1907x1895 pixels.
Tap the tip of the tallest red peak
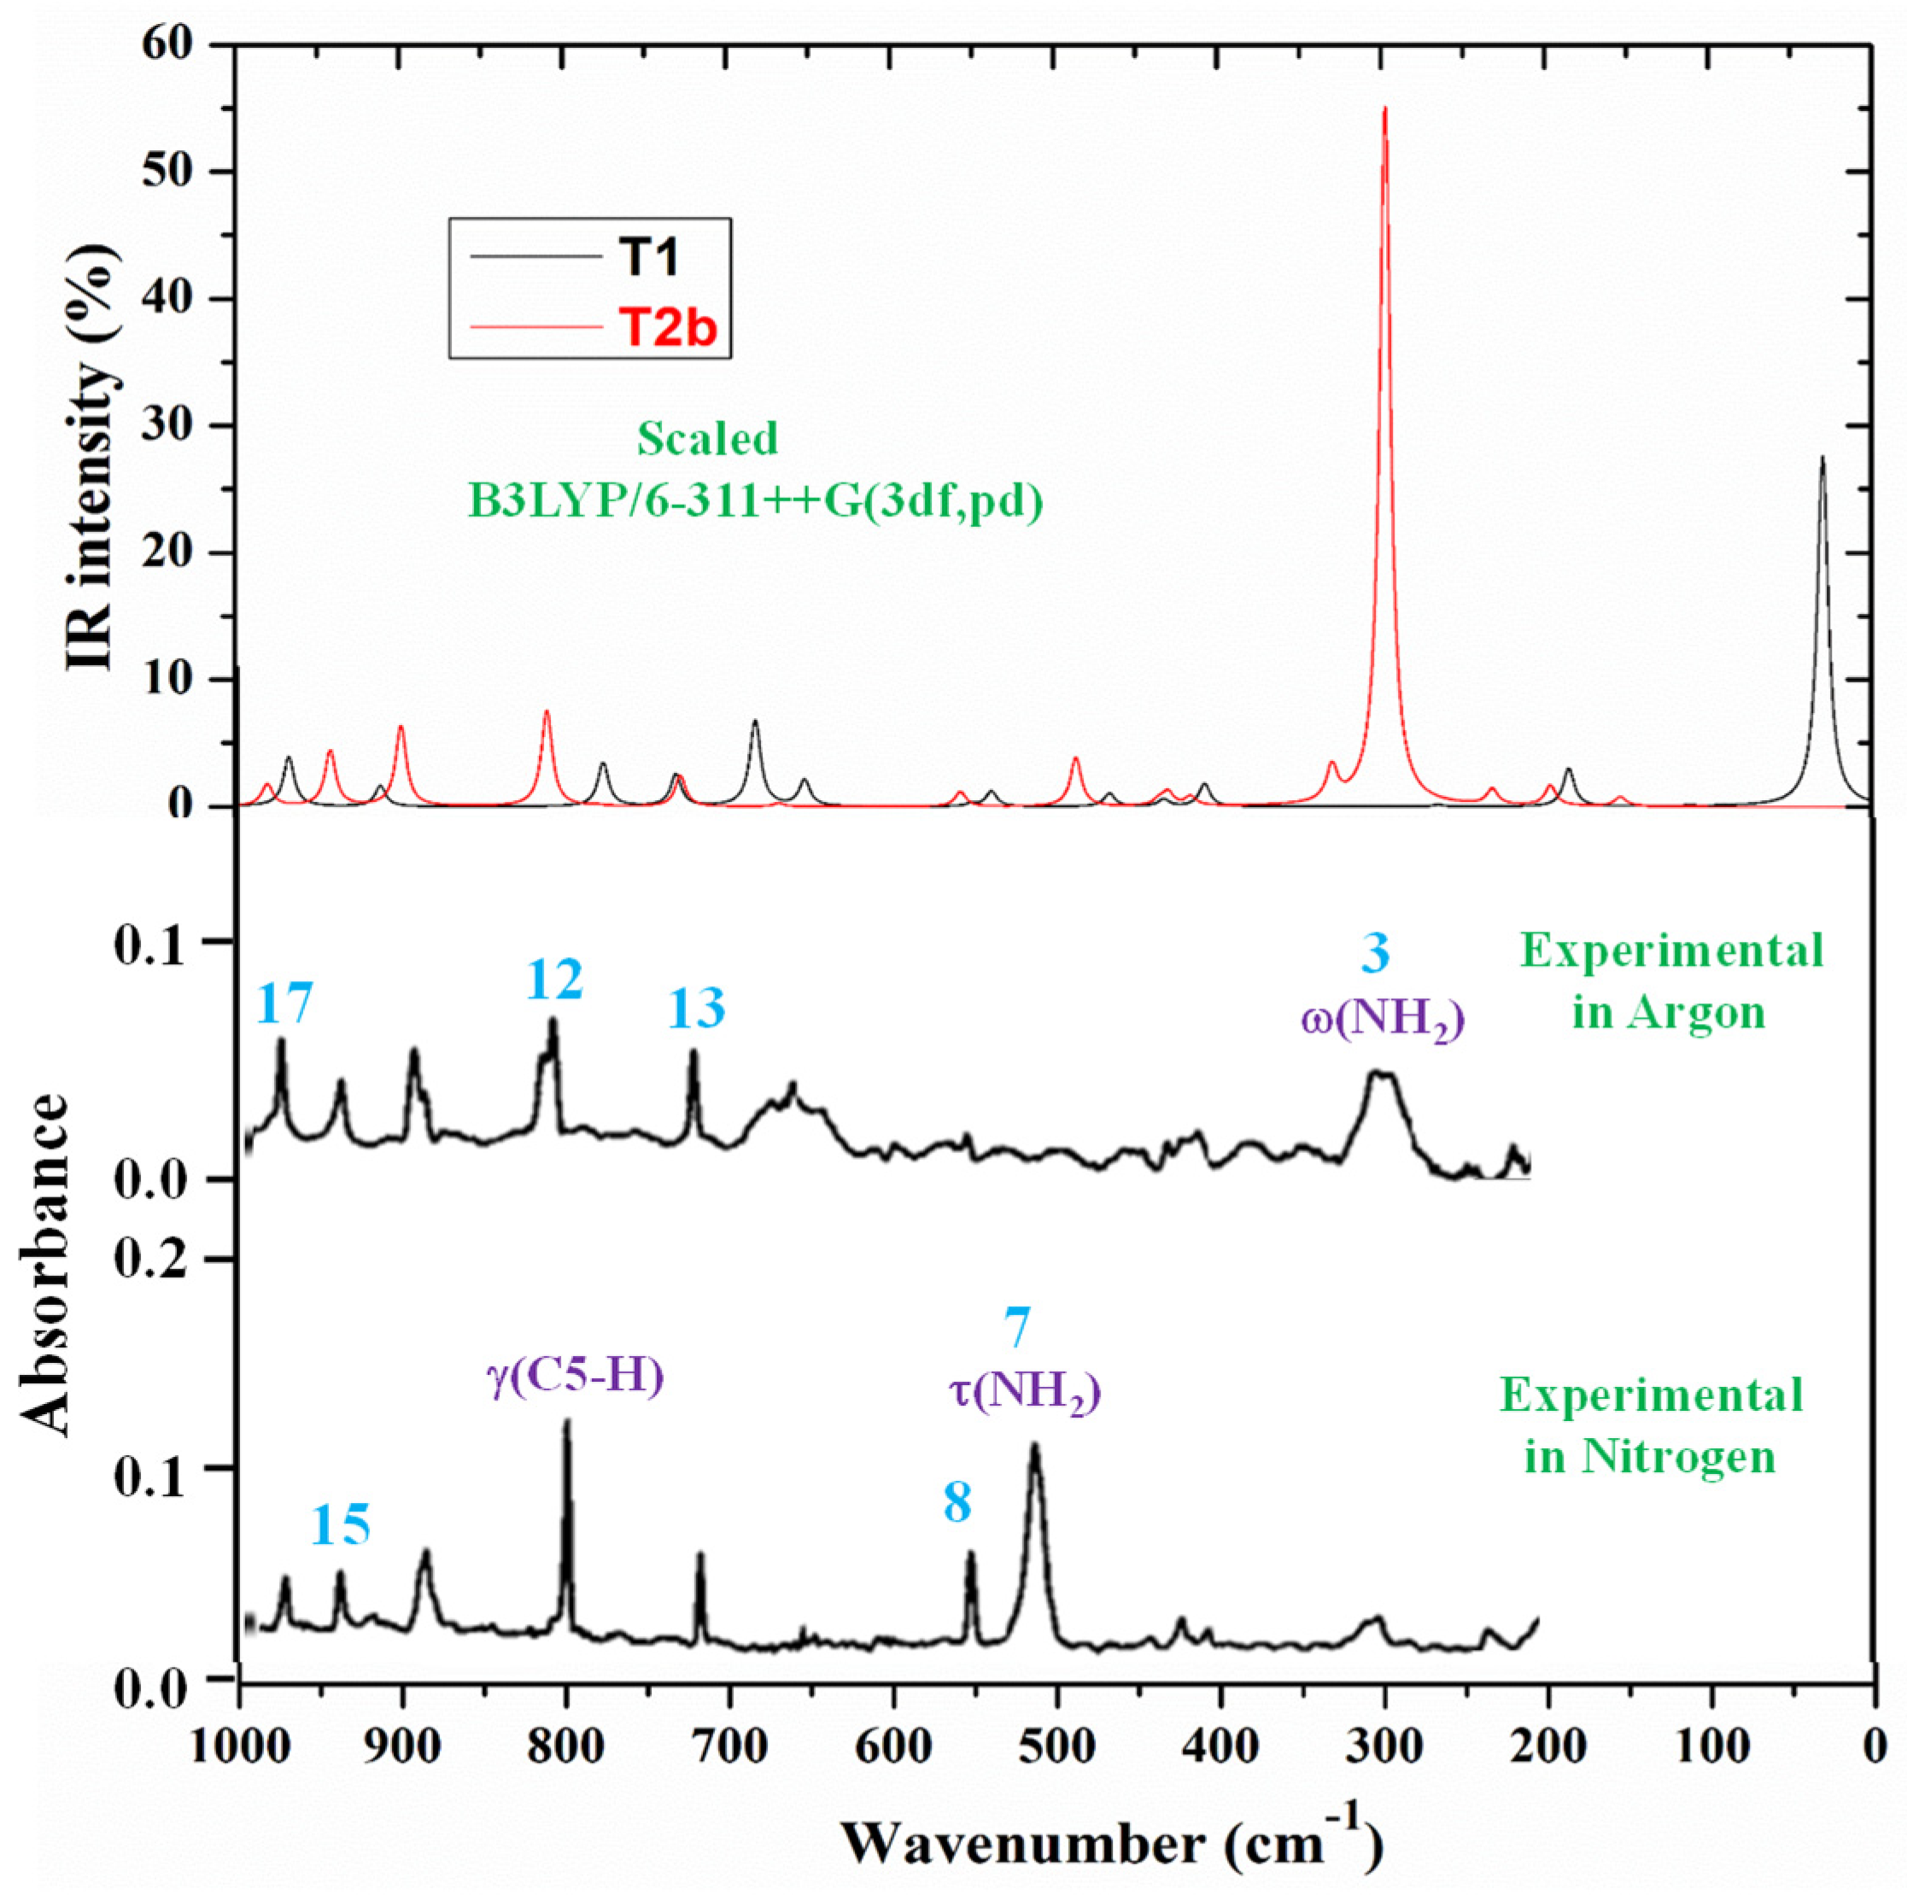coord(1385,108)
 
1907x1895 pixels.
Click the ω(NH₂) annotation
coord(1380,1021)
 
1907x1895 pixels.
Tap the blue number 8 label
coord(956,1504)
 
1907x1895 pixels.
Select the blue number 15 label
coord(342,1525)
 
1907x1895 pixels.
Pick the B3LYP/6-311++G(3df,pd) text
coord(755,502)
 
